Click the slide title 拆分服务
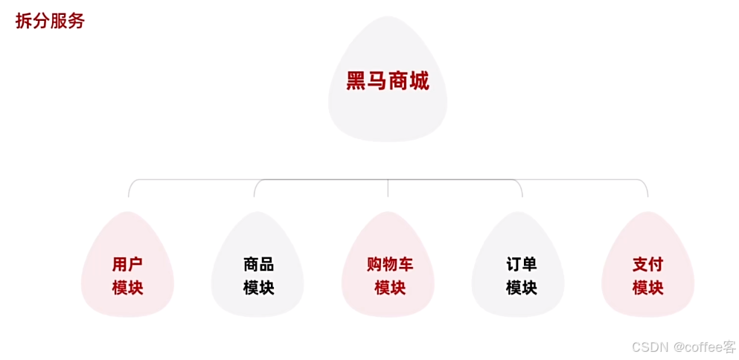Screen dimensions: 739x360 tap(50, 21)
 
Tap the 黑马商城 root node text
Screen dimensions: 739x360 tap(388, 80)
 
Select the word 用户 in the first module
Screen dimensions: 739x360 tap(127, 264)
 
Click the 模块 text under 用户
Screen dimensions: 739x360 tap(127, 288)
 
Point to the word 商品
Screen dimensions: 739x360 tap(258, 264)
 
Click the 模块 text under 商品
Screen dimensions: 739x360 tap(258, 288)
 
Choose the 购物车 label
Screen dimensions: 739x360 tap(389, 264)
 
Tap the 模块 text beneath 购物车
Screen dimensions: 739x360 tap(389, 288)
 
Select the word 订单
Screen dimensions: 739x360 tap(521, 264)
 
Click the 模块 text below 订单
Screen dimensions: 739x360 tap(521, 288)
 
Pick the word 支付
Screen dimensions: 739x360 tap(647, 264)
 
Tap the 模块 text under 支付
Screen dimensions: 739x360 tap(647, 288)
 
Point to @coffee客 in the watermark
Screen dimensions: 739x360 tap(704, 347)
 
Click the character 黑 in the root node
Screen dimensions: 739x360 tap(356, 80)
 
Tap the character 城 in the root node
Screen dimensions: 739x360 tap(419, 80)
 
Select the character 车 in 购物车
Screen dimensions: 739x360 tap(405, 264)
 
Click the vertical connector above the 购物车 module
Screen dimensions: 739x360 tap(388, 188)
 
